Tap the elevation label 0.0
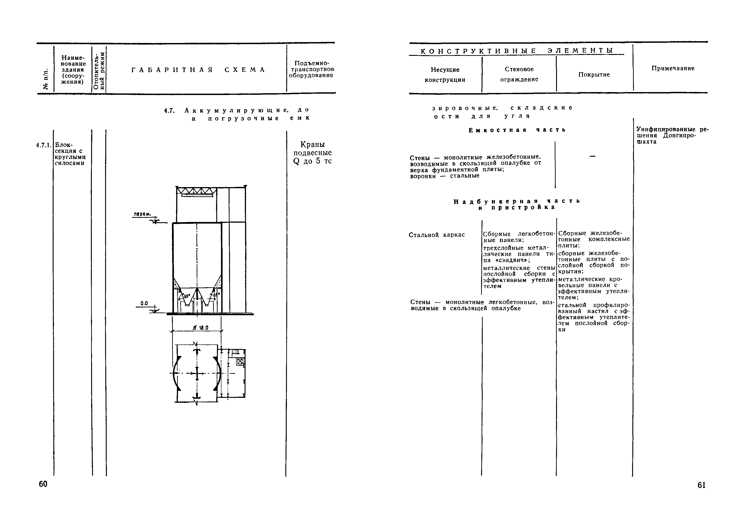coord(144,303)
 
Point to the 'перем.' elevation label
coord(142,214)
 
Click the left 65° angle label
coord(187,296)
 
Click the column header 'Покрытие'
coord(594,75)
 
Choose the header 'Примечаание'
coord(673,68)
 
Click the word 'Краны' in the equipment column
coord(312,145)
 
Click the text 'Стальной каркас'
coord(437,235)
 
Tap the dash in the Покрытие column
coord(592,156)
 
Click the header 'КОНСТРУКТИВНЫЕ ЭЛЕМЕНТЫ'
coord(516,51)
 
